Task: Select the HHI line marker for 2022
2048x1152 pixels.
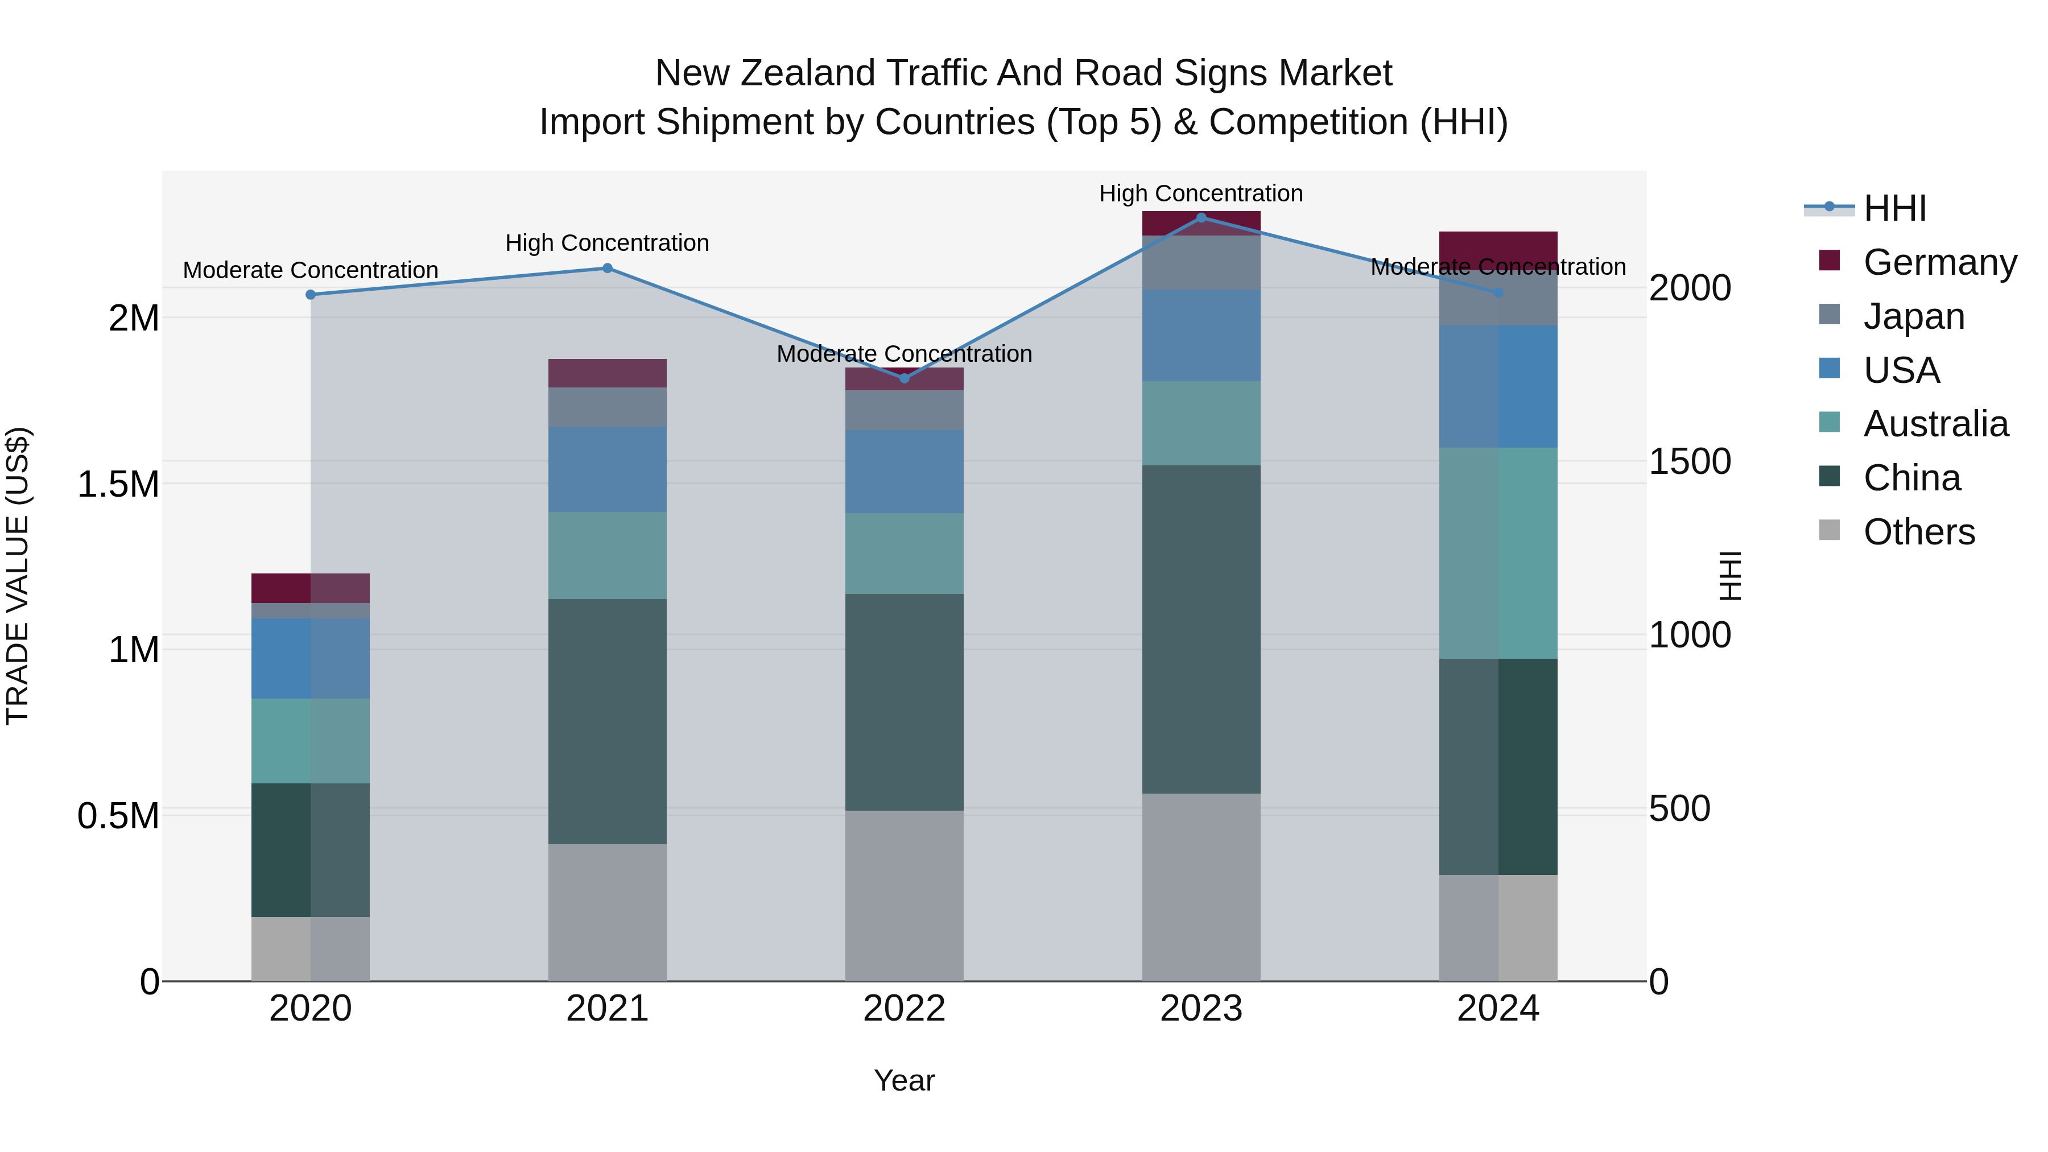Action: (x=904, y=378)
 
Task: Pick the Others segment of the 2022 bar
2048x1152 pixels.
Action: (x=904, y=895)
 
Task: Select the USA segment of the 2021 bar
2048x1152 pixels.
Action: (x=608, y=469)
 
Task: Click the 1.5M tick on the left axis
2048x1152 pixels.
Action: (x=118, y=484)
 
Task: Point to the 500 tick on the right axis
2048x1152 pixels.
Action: (x=1679, y=808)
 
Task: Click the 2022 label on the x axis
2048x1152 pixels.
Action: (x=904, y=1009)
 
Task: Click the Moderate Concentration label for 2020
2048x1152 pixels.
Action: (x=311, y=270)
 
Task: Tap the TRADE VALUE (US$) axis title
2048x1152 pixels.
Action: (x=18, y=576)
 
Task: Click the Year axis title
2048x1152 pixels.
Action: (x=904, y=1080)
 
